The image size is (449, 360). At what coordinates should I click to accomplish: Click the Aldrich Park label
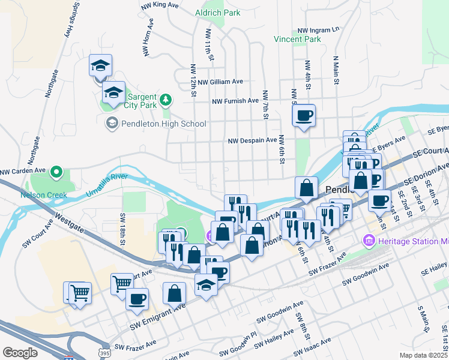[x=217, y=12]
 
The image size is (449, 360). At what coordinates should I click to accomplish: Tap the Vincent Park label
[x=297, y=40]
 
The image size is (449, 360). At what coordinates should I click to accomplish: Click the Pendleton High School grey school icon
[x=111, y=124]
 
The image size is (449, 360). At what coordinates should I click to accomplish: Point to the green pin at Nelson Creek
[x=57, y=173]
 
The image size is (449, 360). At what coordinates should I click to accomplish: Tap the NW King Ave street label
[x=160, y=5]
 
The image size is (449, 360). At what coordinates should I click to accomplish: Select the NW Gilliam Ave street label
[x=220, y=82]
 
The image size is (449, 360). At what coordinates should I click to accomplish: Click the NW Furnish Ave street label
[x=235, y=101]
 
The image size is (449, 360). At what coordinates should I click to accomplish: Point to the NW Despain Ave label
[x=252, y=140]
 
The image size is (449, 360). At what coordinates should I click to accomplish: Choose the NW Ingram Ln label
[x=319, y=29]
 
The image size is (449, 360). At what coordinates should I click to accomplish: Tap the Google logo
[x=20, y=353]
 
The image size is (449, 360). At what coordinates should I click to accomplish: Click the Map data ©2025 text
[x=423, y=355]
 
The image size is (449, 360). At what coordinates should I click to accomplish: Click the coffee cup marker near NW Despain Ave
[x=304, y=115]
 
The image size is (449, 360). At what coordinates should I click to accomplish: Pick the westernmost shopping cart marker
[x=75, y=292]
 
